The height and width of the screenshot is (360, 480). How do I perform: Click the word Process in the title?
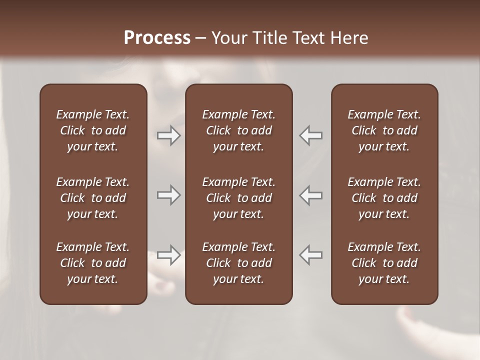(x=157, y=37)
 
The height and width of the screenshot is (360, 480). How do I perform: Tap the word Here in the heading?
(x=349, y=37)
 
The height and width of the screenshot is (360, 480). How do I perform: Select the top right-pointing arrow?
(x=168, y=135)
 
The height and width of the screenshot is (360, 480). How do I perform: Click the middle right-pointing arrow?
(x=168, y=195)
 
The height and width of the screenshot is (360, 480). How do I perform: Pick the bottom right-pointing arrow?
(x=168, y=255)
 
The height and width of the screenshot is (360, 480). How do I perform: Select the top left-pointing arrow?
(x=311, y=135)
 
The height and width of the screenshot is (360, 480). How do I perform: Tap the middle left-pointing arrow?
(x=311, y=195)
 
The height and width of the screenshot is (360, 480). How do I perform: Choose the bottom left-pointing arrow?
(x=311, y=255)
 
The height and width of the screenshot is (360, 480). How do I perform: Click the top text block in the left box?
(x=93, y=130)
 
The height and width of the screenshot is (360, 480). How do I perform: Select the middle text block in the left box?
(x=93, y=198)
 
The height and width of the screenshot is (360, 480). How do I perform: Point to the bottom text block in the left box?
(x=93, y=263)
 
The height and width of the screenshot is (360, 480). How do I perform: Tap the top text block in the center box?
(x=238, y=130)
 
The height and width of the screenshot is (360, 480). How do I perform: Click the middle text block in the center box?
(x=238, y=198)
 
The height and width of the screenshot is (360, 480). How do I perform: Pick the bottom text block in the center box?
(x=238, y=263)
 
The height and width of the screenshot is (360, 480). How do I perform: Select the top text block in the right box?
(x=384, y=130)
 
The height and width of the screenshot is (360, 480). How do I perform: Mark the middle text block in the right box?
(x=384, y=198)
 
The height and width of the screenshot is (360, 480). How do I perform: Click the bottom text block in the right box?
(x=384, y=263)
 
